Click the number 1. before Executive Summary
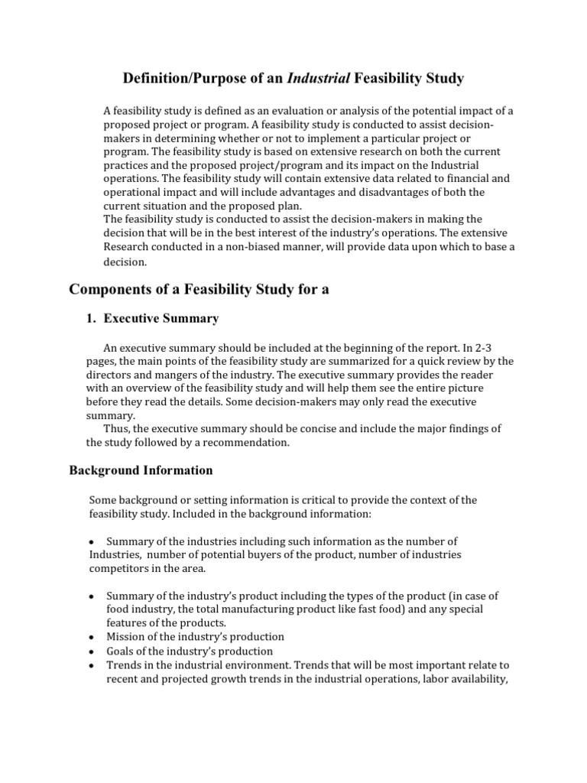pyautogui.click(x=91, y=318)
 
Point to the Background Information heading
pyautogui.click(x=141, y=469)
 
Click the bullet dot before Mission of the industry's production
pyautogui.click(x=91, y=637)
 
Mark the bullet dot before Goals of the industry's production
pyautogui.click(x=91, y=651)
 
